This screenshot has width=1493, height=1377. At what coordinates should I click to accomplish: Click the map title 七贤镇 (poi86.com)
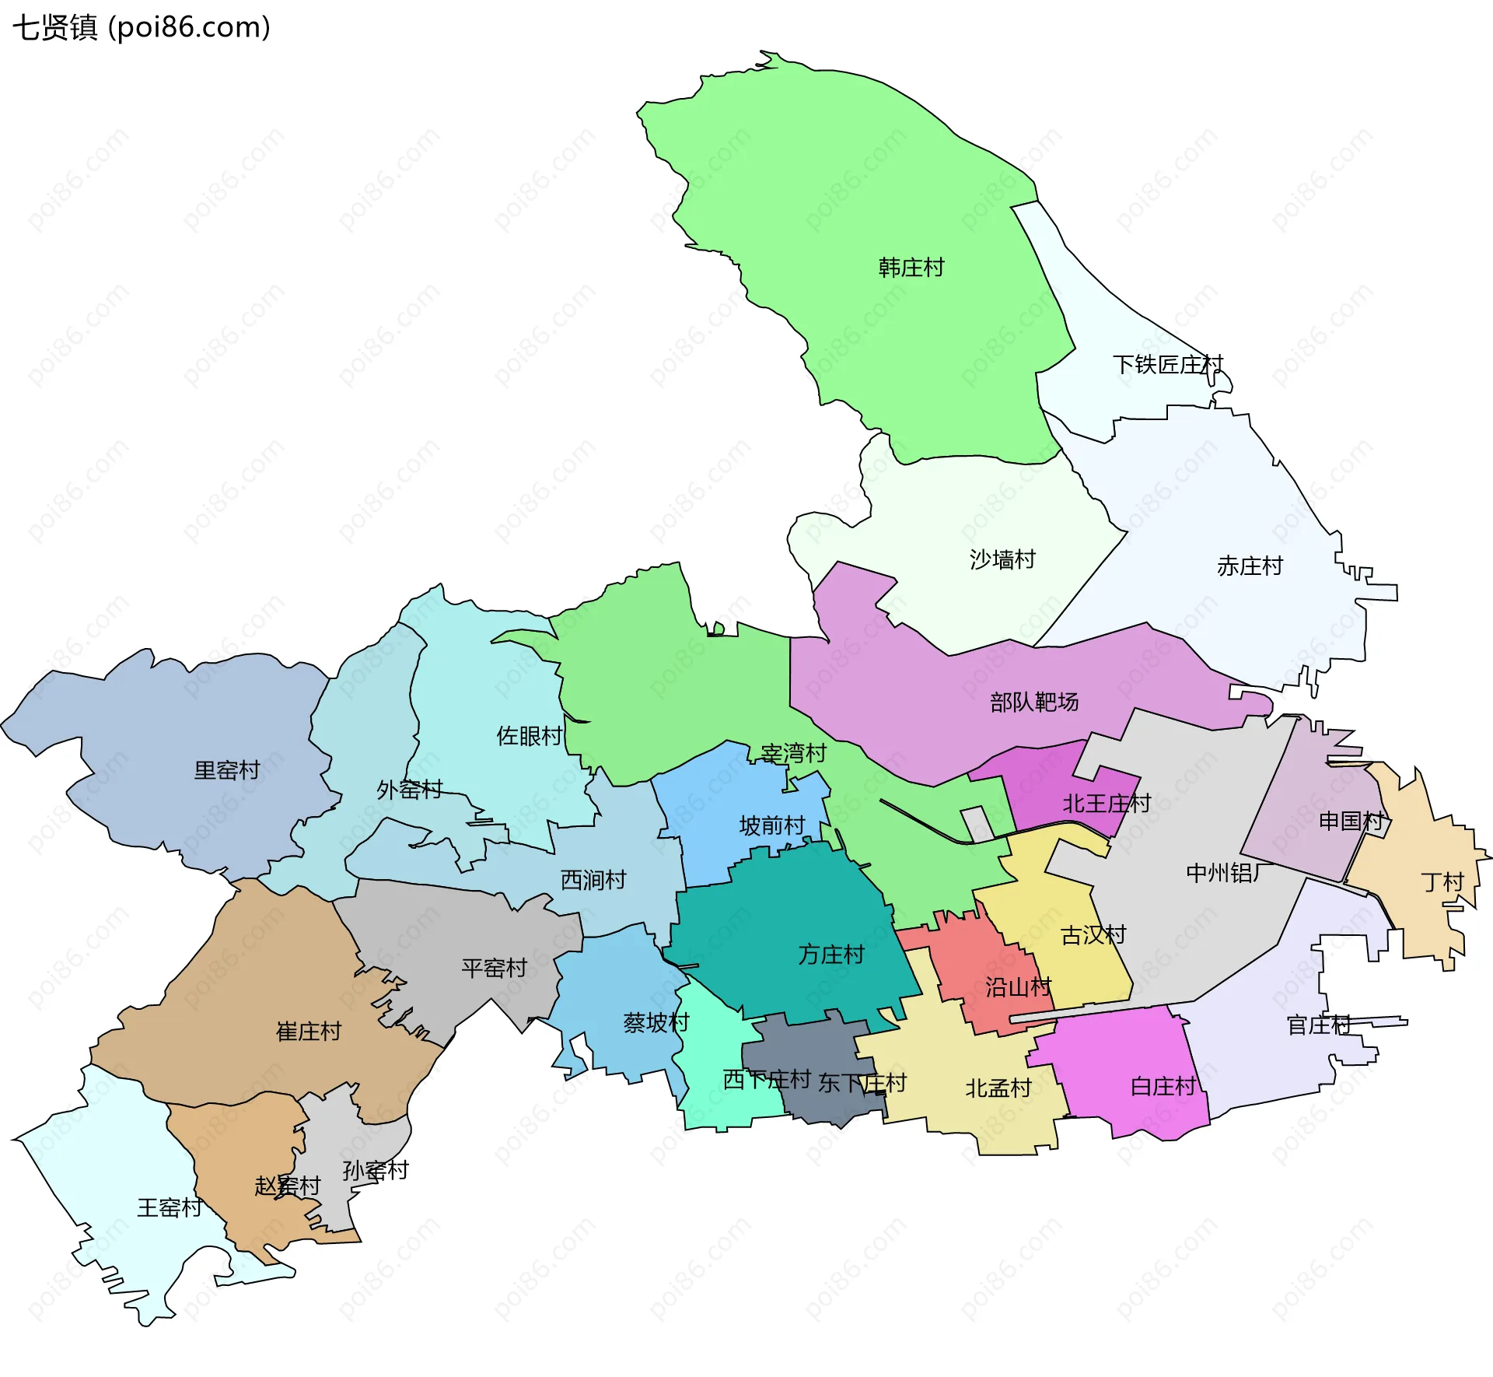pyautogui.click(x=142, y=28)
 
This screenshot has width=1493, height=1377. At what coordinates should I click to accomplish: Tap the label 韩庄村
pyautogui.click(x=911, y=268)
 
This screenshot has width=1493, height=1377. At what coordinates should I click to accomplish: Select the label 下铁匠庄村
pyautogui.click(x=1167, y=364)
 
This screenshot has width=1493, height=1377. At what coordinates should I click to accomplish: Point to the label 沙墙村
pyautogui.click(x=1002, y=559)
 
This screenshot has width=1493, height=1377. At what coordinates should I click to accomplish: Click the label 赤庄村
pyautogui.click(x=1249, y=566)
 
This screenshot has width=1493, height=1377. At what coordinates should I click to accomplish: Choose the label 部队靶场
pyautogui.click(x=1033, y=702)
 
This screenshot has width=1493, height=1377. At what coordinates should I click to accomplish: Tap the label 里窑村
pyautogui.click(x=226, y=770)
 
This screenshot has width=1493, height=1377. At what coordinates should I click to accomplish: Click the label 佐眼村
pyautogui.click(x=529, y=736)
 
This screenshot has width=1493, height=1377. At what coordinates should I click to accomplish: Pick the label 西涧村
pyautogui.click(x=593, y=880)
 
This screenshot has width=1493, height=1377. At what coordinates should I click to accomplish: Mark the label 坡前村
pyautogui.click(x=771, y=825)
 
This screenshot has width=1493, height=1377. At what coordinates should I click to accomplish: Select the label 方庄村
pyautogui.click(x=830, y=955)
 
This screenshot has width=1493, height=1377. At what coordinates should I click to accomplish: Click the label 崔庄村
pyautogui.click(x=309, y=1032)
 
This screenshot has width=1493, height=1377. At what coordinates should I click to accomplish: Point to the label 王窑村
pyautogui.click(x=170, y=1207)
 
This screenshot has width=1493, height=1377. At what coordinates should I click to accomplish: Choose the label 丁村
pyautogui.click(x=1442, y=882)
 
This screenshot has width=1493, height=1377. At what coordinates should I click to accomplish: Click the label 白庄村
pyautogui.click(x=1163, y=1086)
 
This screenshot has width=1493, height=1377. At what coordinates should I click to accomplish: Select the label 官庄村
pyautogui.click(x=1319, y=1025)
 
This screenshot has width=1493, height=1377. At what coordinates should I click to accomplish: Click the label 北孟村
pyautogui.click(x=998, y=1088)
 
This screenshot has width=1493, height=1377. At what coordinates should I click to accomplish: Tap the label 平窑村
pyautogui.click(x=494, y=968)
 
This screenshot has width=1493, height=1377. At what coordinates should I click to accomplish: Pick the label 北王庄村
pyautogui.click(x=1106, y=804)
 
